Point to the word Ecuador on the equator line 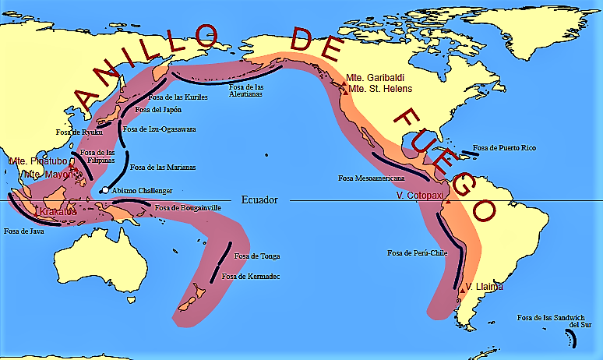pyautogui.click(x=259, y=200)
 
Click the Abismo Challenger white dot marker pyautogui.click(x=104, y=191)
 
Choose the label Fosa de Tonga pyautogui.click(x=256, y=256)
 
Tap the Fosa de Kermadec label pyautogui.click(x=250, y=277)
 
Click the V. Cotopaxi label pyautogui.click(x=421, y=195)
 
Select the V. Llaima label pyautogui.click(x=484, y=288)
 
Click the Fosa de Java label pyautogui.click(x=23, y=231)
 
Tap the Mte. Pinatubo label pyautogui.click(x=35, y=161)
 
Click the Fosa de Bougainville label pyautogui.click(x=189, y=208)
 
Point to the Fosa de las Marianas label pyautogui.click(x=162, y=167)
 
